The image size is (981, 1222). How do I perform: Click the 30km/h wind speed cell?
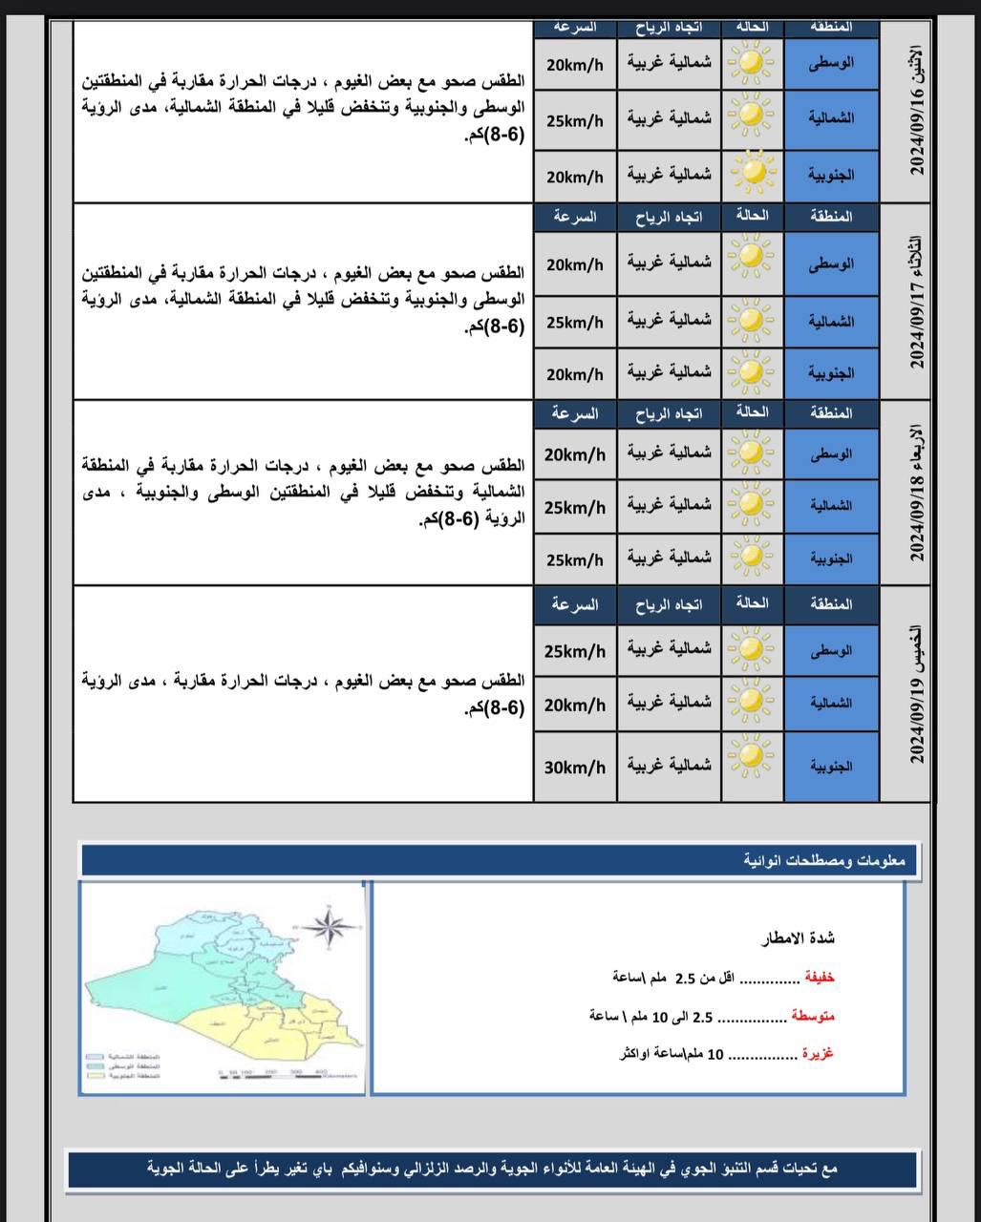click(x=575, y=766)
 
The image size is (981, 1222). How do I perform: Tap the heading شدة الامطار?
click(x=798, y=938)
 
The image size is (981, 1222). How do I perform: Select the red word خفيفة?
click(x=819, y=978)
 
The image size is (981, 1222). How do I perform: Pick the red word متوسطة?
click(x=813, y=1016)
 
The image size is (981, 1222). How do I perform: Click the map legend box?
click(x=122, y=1065)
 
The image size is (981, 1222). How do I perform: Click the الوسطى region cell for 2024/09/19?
click(x=831, y=651)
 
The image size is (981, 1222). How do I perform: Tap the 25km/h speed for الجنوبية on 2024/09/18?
click(x=575, y=559)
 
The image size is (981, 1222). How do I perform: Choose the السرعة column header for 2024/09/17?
click(x=575, y=217)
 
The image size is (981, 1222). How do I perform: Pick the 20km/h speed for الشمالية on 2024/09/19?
click(x=575, y=705)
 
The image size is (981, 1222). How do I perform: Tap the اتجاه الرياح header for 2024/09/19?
click(x=669, y=604)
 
